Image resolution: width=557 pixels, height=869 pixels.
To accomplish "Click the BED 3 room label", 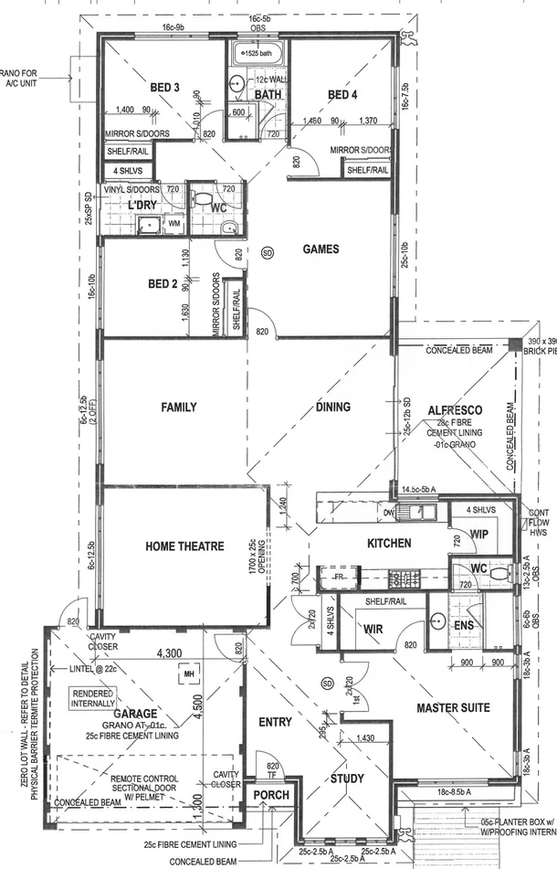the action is tap(164, 88).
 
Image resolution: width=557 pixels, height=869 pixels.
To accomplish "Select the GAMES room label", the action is tap(321, 249).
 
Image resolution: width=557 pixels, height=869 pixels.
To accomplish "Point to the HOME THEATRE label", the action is tap(184, 546).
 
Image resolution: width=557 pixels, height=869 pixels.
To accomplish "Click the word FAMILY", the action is tap(179, 407).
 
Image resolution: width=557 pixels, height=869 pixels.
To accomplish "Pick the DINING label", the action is tap(332, 407).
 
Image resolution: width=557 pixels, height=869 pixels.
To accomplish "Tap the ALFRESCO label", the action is tap(455, 411).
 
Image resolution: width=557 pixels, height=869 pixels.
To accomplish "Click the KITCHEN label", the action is tap(390, 544).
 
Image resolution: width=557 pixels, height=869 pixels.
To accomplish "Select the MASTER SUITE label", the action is tap(453, 707).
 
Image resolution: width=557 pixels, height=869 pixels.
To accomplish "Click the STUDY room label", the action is tap(346, 779).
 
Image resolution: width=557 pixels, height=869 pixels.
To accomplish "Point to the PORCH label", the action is tap(271, 795).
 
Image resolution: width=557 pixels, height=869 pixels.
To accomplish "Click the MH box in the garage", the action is tap(190, 675).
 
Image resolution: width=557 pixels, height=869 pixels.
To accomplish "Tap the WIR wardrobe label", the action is tap(373, 629).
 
